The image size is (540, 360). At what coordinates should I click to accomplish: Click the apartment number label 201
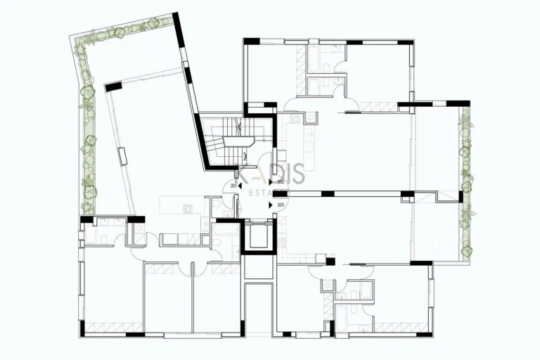(x=232, y=186)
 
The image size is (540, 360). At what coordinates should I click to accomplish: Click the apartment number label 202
(x=281, y=182)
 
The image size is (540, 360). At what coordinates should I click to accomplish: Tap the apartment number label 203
(x=281, y=205)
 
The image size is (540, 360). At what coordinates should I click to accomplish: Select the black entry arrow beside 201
(x=240, y=186)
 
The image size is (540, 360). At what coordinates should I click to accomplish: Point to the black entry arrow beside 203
(x=272, y=205)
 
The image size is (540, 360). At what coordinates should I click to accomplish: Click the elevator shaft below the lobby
(x=257, y=237)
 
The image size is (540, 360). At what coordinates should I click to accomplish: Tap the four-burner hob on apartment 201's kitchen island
(x=188, y=207)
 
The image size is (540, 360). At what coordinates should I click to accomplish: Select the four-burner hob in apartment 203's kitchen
(x=283, y=244)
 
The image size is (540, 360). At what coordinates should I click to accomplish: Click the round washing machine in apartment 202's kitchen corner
(x=309, y=117)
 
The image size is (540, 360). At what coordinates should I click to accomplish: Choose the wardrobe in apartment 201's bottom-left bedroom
(x=112, y=327)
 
